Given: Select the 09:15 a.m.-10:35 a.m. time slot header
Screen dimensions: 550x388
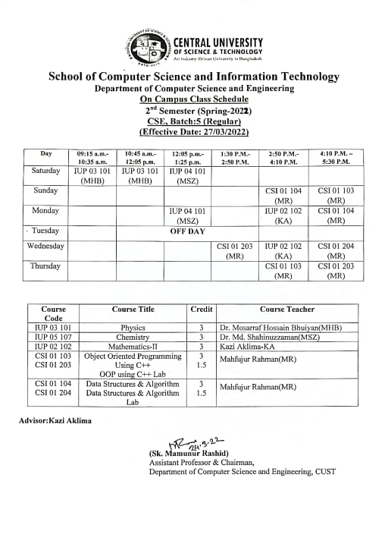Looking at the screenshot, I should (93, 157).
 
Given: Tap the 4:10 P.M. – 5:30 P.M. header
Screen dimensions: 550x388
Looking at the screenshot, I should (335, 157).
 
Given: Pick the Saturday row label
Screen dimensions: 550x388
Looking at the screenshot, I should (46, 171).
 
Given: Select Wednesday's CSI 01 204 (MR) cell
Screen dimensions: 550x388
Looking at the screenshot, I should (335, 251).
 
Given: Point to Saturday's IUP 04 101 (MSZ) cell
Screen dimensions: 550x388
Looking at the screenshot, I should (187, 176).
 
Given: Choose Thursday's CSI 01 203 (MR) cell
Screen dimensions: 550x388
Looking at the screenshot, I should (335, 272).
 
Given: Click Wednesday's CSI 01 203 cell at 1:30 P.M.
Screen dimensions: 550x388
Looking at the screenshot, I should (234, 251).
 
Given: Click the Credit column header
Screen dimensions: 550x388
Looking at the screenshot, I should (201, 310).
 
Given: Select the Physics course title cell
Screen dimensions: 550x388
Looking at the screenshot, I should (133, 328).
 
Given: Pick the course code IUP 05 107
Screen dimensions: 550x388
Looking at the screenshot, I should (54, 337).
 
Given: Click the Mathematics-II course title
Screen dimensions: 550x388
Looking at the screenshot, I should (133, 346).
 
